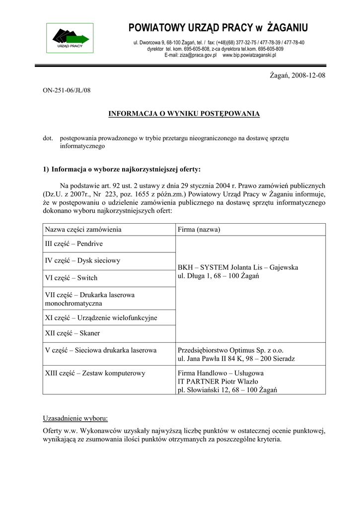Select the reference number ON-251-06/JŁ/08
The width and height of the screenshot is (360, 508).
pyautogui.click(x=67, y=90)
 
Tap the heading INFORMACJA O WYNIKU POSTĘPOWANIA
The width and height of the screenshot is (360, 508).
pyautogui.click(x=184, y=114)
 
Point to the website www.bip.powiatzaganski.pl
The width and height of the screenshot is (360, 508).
pyautogui.click(x=249, y=56)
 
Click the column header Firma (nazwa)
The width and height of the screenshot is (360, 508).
pyautogui.click(x=199, y=230)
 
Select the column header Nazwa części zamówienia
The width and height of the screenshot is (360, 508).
pyautogui.click(x=83, y=230)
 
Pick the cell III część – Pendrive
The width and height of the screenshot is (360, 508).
pyautogui.click(x=74, y=244)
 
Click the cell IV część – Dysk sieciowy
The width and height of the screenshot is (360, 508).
pyautogui.click(x=82, y=260)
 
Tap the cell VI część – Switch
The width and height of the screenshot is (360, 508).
pyautogui.click(x=71, y=278)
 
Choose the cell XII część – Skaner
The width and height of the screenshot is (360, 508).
pyautogui.click(x=72, y=333)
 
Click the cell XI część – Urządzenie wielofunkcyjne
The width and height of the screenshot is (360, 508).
pyautogui.click(x=101, y=317)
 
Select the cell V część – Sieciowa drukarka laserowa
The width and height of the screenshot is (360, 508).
pyautogui.click(x=101, y=350)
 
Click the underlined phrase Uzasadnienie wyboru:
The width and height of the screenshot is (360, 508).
pyautogui.click(x=75, y=418)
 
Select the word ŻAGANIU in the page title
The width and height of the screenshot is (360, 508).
pyautogui.click(x=288, y=27)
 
